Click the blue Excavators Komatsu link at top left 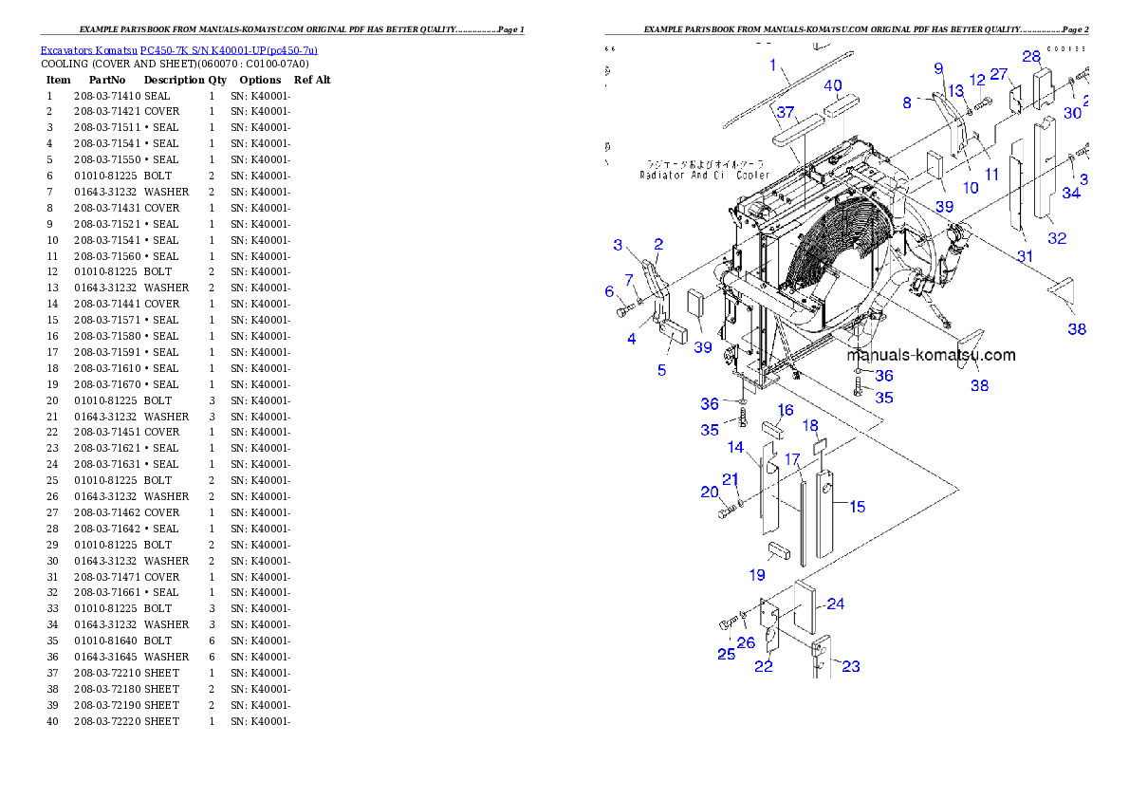point(178,49)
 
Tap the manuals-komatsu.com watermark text point(931,356)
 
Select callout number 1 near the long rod point(773,65)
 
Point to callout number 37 point(785,113)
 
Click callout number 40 point(832,85)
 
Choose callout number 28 point(1031,57)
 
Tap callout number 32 point(1056,239)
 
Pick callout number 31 point(1025,256)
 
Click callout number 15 point(857,507)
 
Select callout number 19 point(757,574)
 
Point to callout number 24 point(835,604)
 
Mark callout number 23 point(851,666)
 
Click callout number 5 point(661,370)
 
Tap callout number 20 point(709,492)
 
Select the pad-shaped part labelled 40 point(841,109)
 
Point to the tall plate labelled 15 point(827,517)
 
